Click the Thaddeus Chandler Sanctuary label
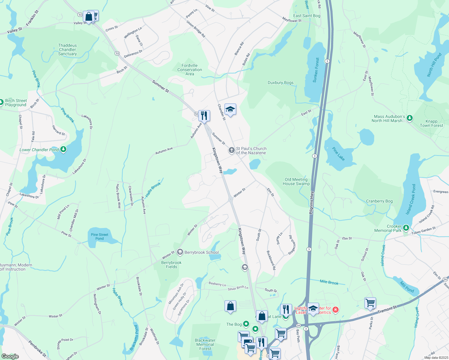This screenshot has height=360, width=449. click(x=68, y=50)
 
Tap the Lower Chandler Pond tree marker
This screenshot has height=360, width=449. click(x=63, y=149)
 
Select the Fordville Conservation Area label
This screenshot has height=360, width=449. click(x=190, y=70)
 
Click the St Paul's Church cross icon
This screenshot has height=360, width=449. click(x=231, y=150)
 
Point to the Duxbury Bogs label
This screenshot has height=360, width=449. click(x=281, y=83)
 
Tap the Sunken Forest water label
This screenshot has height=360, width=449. click(x=316, y=70)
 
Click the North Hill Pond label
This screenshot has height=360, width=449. click(x=434, y=65)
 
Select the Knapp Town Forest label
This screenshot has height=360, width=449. click(x=431, y=124)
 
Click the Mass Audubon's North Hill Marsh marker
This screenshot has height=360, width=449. click(x=409, y=118)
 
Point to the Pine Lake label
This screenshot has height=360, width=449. click(x=339, y=154)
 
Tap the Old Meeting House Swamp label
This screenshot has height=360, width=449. click(x=296, y=182)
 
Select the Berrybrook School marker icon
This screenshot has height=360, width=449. click(x=180, y=252)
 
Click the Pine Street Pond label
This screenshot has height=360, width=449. click(x=99, y=237)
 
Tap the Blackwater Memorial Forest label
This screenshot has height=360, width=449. click(x=205, y=344)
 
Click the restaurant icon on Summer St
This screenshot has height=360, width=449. click(x=204, y=115)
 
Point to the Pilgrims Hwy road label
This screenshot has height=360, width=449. click(x=312, y=202)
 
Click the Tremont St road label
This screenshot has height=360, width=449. click(x=387, y=309)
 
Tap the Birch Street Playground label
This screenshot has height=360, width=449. click(x=16, y=103)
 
